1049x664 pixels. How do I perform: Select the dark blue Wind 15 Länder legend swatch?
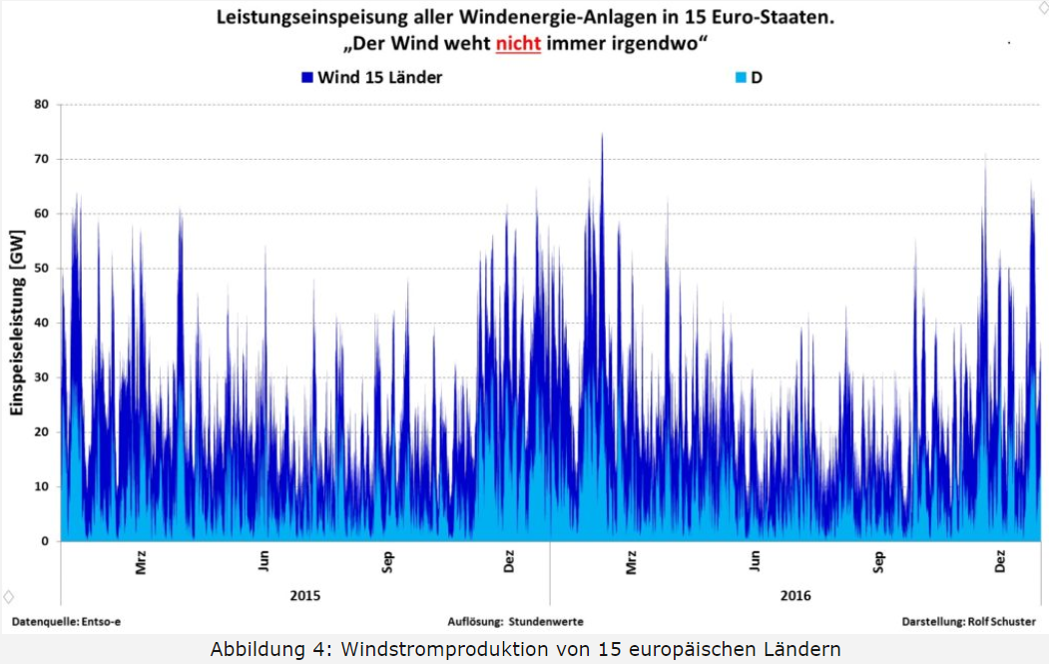(x=307, y=77)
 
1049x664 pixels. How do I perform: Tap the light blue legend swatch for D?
(x=741, y=77)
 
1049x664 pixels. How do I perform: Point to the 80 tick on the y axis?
(x=42, y=104)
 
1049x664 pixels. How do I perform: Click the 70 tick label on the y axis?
(x=42, y=159)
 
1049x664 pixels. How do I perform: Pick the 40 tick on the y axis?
(x=42, y=323)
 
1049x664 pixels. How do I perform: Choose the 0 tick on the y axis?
(x=46, y=541)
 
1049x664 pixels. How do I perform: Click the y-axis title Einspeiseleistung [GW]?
(x=16, y=323)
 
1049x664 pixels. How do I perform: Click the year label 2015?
(x=304, y=596)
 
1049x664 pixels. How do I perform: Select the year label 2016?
(x=794, y=596)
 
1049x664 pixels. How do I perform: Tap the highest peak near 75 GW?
(x=602, y=136)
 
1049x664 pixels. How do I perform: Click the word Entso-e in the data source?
(x=100, y=621)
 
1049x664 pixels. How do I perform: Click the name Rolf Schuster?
(x=1002, y=621)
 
